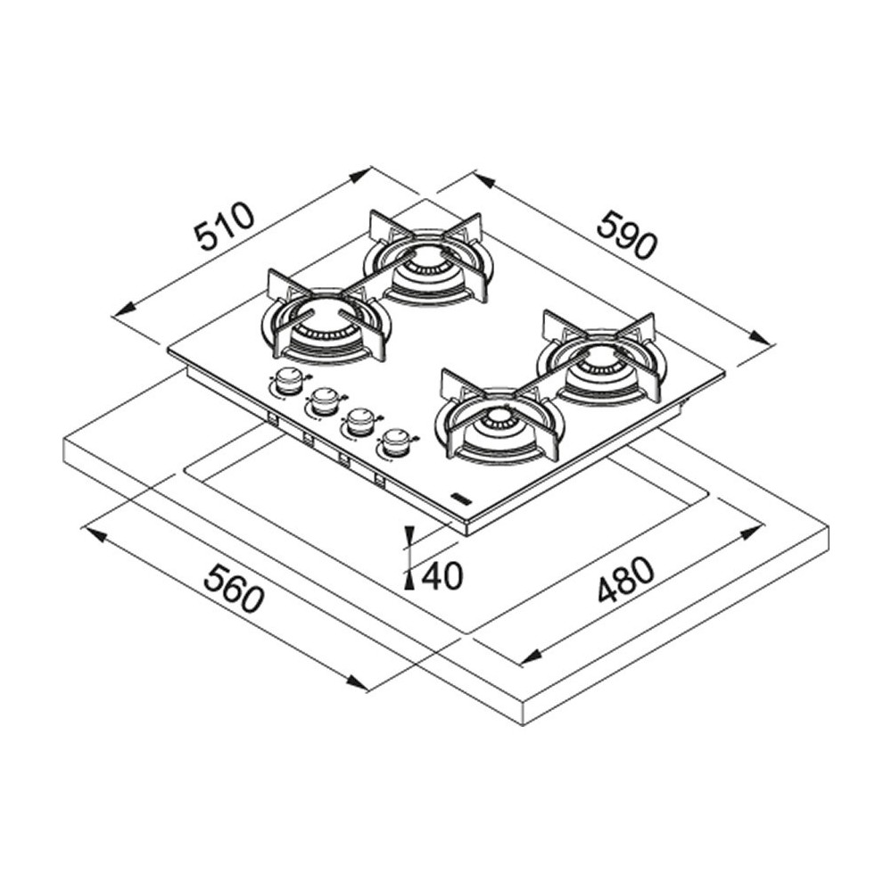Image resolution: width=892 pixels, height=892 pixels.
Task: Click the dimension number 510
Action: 226,227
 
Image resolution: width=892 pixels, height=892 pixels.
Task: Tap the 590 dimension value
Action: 627,235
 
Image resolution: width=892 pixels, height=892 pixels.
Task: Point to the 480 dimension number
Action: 625,581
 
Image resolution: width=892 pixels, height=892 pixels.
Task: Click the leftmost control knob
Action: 287,380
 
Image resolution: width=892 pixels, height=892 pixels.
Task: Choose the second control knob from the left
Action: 325,401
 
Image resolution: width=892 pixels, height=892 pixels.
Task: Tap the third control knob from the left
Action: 360,420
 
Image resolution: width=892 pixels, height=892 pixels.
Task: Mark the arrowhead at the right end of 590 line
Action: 761,338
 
